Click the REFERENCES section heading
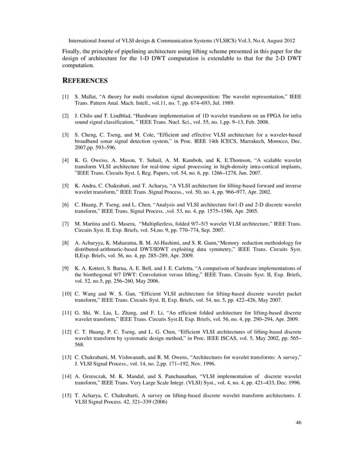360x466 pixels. (x=85, y=81)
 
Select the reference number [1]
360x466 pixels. (x=66, y=97)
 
